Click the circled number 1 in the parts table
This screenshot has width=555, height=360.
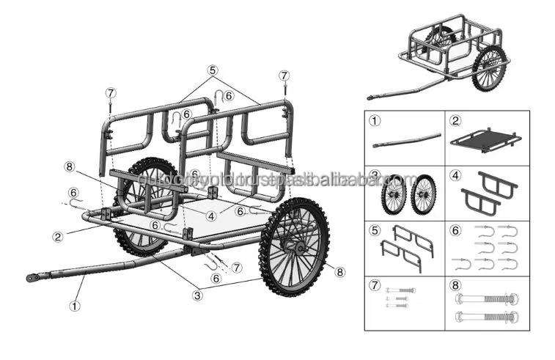(x=375, y=120)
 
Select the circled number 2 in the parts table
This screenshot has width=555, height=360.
(x=455, y=120)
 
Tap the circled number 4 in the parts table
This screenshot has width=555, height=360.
(x=455, y=176)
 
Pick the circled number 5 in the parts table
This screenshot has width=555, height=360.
(x=375, y=232)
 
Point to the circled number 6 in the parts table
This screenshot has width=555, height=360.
(x=455, y=232)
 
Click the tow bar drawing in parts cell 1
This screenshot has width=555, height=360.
(x=406, y=140)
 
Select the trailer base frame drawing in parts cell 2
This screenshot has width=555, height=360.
(x=487, y=139)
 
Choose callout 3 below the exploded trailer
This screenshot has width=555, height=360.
(x=196, y=295)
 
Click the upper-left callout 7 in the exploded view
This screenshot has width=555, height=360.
(x=110, y=93)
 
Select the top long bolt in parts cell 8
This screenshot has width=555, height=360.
(x=487, y=298)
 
